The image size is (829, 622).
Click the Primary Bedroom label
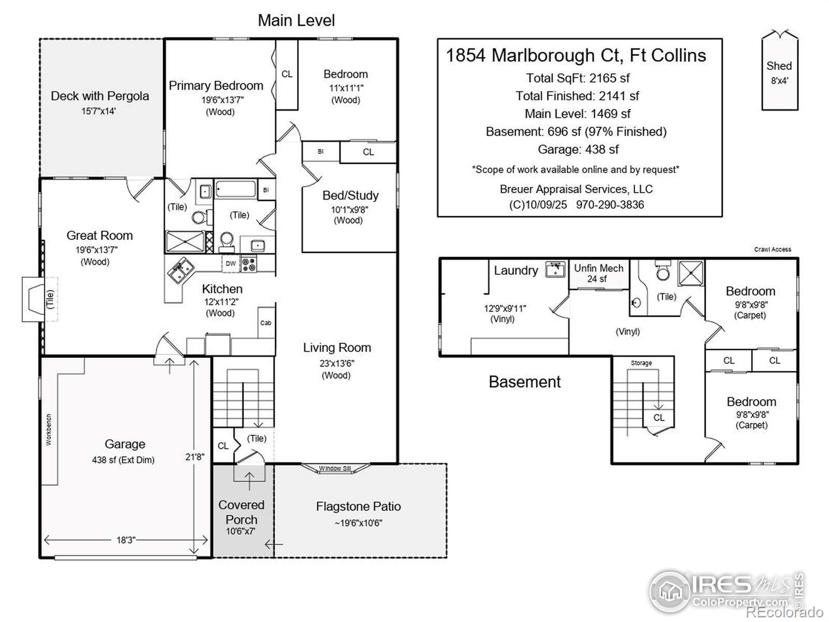tap(216, 86)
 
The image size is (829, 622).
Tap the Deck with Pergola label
tap(99, 96)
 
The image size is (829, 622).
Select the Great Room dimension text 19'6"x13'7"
tap(97, 250)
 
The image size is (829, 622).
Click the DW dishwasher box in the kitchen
tap(231, 264)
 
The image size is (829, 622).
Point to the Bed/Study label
tap(350, 195)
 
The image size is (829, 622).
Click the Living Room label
tap(337, 348)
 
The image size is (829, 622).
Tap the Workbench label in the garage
tap(49, 429)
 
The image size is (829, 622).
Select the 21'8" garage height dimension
tap(195, 457)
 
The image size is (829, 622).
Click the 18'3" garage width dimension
tap(125, 540)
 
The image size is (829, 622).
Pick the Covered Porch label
tap(241, 512)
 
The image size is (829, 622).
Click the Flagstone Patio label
tap(358, 506)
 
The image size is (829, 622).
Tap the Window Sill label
tap(335, 469)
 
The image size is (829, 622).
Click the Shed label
tap(779, 66)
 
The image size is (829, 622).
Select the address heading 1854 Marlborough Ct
tap(576, 55)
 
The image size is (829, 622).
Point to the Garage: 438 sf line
tap(578, 150)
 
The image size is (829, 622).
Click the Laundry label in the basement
tap(516, 271)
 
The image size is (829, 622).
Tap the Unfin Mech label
tap(598, 268)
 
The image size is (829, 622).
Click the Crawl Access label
tap(773, 249)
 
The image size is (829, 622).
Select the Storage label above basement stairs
tap(641, 363)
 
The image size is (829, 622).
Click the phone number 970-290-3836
tap(610, 205)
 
